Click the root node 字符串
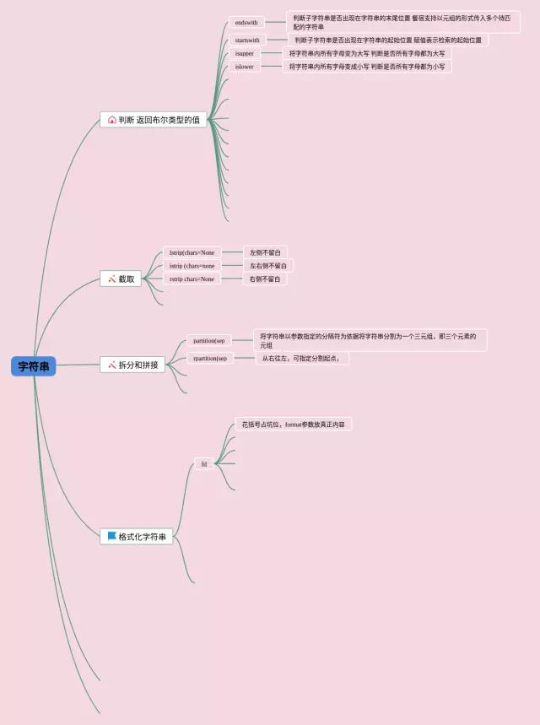coord(34,366)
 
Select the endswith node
coord(246,22)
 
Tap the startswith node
coord(247,40)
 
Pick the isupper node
coord(244,53)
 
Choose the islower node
coord(244,67)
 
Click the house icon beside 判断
coord(112,120)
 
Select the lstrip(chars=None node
coord(192,252)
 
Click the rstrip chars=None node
coord(192,279)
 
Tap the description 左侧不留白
coord(266,252)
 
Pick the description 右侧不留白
coord(265,279)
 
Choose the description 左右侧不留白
coord(267,266)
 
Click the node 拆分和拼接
coord(138,365)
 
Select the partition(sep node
coord(209,341)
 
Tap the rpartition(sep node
coord(209,358)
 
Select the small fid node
coord(204,463)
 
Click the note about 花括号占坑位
coord(293,424)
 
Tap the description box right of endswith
coord(402,22)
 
